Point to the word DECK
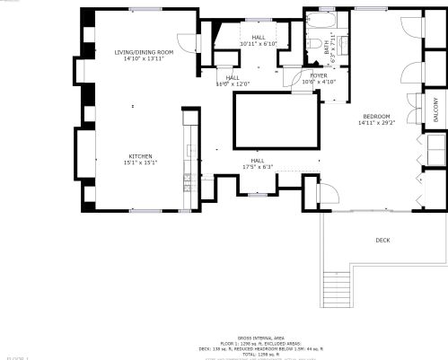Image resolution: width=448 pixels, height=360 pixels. [x=382, y=240]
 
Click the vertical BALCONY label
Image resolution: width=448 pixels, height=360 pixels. [x=436, y=109]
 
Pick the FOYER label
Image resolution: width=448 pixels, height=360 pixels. [x=319, y=75]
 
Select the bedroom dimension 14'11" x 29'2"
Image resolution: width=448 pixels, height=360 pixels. [x=376, y=123]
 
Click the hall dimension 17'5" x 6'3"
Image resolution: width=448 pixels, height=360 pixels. [x=257, y=166]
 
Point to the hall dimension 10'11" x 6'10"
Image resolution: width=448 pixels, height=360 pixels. [x=259, y=43]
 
